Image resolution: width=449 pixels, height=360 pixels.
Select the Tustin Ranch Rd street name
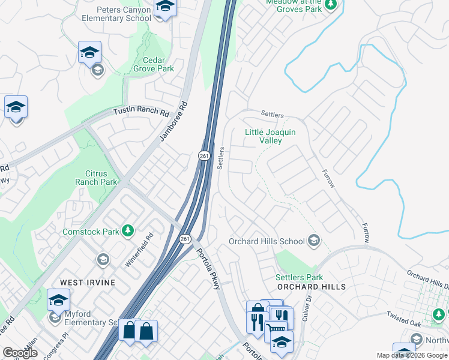click(x=142, y=112)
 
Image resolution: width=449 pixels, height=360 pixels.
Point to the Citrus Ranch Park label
click(x=96, y=178)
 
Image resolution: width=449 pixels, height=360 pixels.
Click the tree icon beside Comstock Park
click(x=127, y=231)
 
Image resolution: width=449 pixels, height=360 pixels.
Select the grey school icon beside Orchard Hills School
click(x=313, y=241)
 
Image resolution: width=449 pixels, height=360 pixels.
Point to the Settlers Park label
click(x=299, y=277)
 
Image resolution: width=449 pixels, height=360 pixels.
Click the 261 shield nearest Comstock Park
click(x=184, y=239)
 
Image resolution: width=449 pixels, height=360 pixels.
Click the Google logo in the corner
click(x=20, y=353)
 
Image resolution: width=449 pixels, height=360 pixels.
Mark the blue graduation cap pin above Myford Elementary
click(x=58, y=299)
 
